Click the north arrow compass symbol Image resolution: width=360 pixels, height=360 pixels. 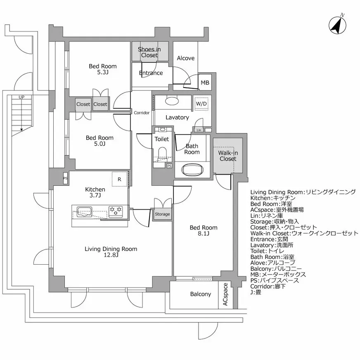point(337,25)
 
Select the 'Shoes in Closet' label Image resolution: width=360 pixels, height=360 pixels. point(149,52)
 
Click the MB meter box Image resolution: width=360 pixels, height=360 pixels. point(205,83)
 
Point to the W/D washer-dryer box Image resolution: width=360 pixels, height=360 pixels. point(201,103)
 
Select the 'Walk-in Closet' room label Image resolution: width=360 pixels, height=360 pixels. point(228,156)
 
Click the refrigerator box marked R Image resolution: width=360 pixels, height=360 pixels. point(119,179)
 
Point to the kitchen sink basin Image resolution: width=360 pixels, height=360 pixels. point(85,212)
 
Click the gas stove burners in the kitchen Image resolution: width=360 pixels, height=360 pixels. point(115,211)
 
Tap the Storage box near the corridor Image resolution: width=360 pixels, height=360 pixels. point(162,214)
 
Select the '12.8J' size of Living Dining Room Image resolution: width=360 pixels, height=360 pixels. point(111,255)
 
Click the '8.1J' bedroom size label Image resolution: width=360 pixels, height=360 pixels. point(203,234)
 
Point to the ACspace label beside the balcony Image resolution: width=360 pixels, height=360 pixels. point(225,294)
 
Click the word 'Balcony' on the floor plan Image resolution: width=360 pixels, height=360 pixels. point(201,294)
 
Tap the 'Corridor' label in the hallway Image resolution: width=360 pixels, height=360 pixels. point(141,112)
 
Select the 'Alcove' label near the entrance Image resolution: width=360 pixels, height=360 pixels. point(185,58)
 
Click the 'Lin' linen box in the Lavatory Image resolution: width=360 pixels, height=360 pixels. point(199,130)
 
